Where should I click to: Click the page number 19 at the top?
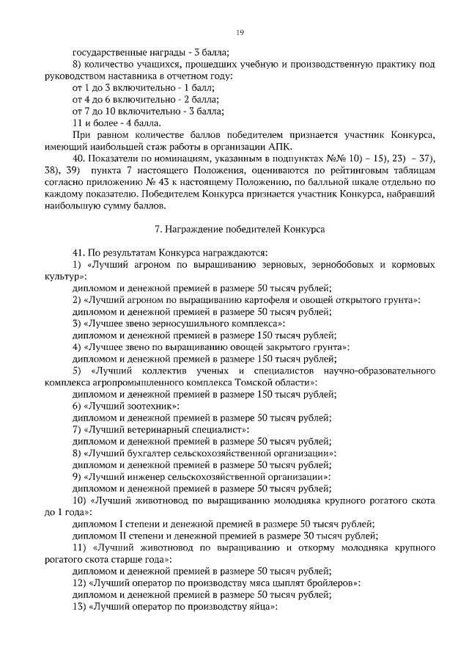coord(240,32)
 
